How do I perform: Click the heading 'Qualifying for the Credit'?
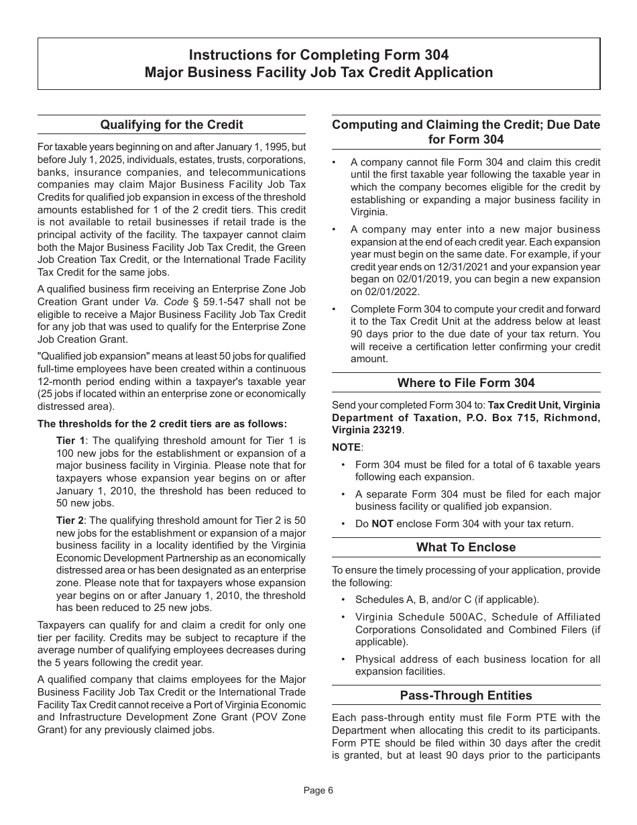171,125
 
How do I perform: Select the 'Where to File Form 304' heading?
466,383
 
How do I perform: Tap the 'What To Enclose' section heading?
466,547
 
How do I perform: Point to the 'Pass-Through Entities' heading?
466,696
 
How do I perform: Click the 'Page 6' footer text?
318,790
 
